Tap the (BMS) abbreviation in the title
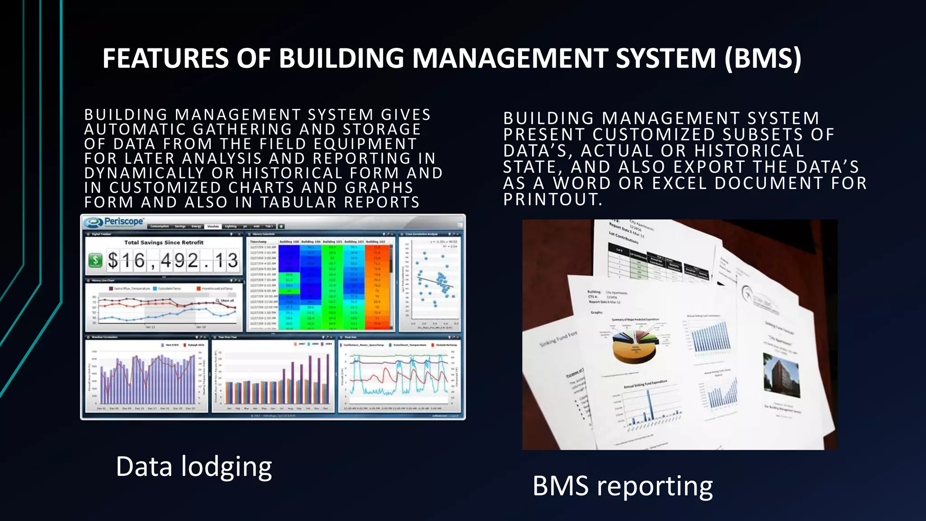pyautogui.click(x=763, y=58)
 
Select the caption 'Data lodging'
pyautogui.click(x=194, y=467)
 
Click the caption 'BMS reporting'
pyautogui.click(x=622, y=486)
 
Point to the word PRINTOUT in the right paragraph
pyautogui.click(x=552, y=199)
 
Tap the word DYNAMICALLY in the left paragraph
pyautogui.click(x=144, y=173)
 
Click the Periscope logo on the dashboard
pyautogui.click(x=115, y=222)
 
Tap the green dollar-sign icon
pyautogui.click(x=95, y=260)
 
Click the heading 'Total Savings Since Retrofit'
pyautogui.click(x=164, y=242)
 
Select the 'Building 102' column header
pyautogui.click(x=376, y=242)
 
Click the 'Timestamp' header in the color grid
pyautogui.click(x=259, y=242)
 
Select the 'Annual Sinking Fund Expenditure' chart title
pyautogui.click(x=646, y=384)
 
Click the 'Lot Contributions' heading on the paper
pyautogui.click(x=624, y=237)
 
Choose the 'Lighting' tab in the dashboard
pyautogui.click(x=231, y=226)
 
